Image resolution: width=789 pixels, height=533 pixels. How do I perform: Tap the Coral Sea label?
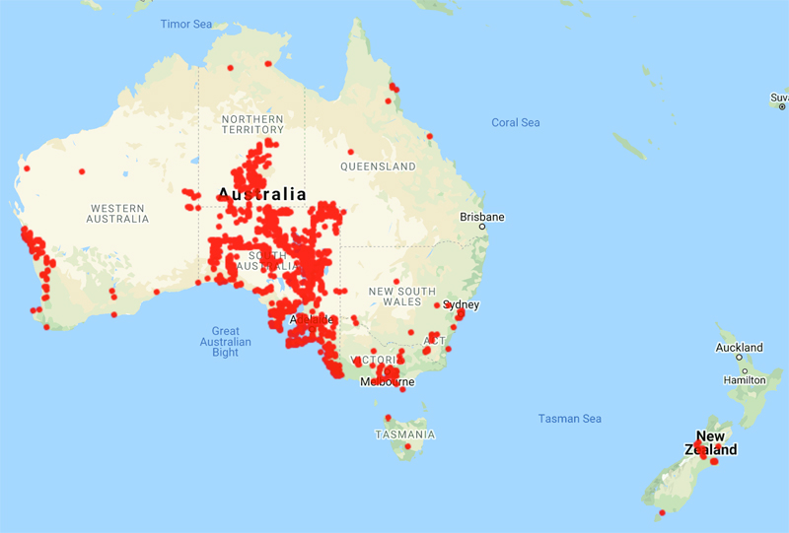(516, 123)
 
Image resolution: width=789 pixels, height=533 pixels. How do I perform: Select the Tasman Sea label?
(569, 419)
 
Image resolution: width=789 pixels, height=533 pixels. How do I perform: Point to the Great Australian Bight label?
(225, 342)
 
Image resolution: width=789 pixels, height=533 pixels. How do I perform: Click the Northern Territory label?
(252, 123)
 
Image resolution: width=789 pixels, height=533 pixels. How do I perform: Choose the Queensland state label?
(378, 167)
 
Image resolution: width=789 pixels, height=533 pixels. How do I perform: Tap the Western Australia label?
(117, 213)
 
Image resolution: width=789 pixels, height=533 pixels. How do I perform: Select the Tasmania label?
(404, 434)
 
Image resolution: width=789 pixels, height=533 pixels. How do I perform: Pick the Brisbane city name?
(482, 217)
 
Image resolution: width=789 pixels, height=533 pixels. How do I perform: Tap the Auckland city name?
(740, 348)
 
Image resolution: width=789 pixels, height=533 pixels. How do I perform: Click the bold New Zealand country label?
(711, 443)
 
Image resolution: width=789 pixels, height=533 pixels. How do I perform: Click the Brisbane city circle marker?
(483, 228)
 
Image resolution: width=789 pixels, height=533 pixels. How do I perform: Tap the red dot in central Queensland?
(350, 152)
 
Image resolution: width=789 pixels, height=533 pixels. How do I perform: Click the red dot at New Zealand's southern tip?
(662, 512)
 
